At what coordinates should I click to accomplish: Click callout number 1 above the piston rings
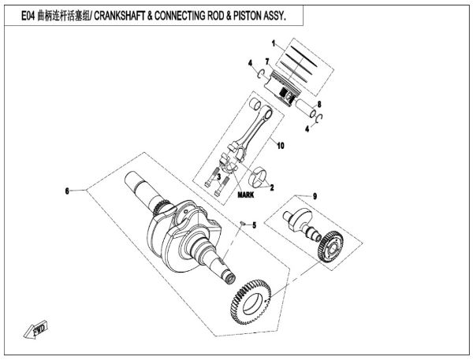(273, 42)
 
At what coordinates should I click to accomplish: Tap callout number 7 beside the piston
(268, 61)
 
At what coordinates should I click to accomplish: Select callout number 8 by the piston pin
(319, 104)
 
